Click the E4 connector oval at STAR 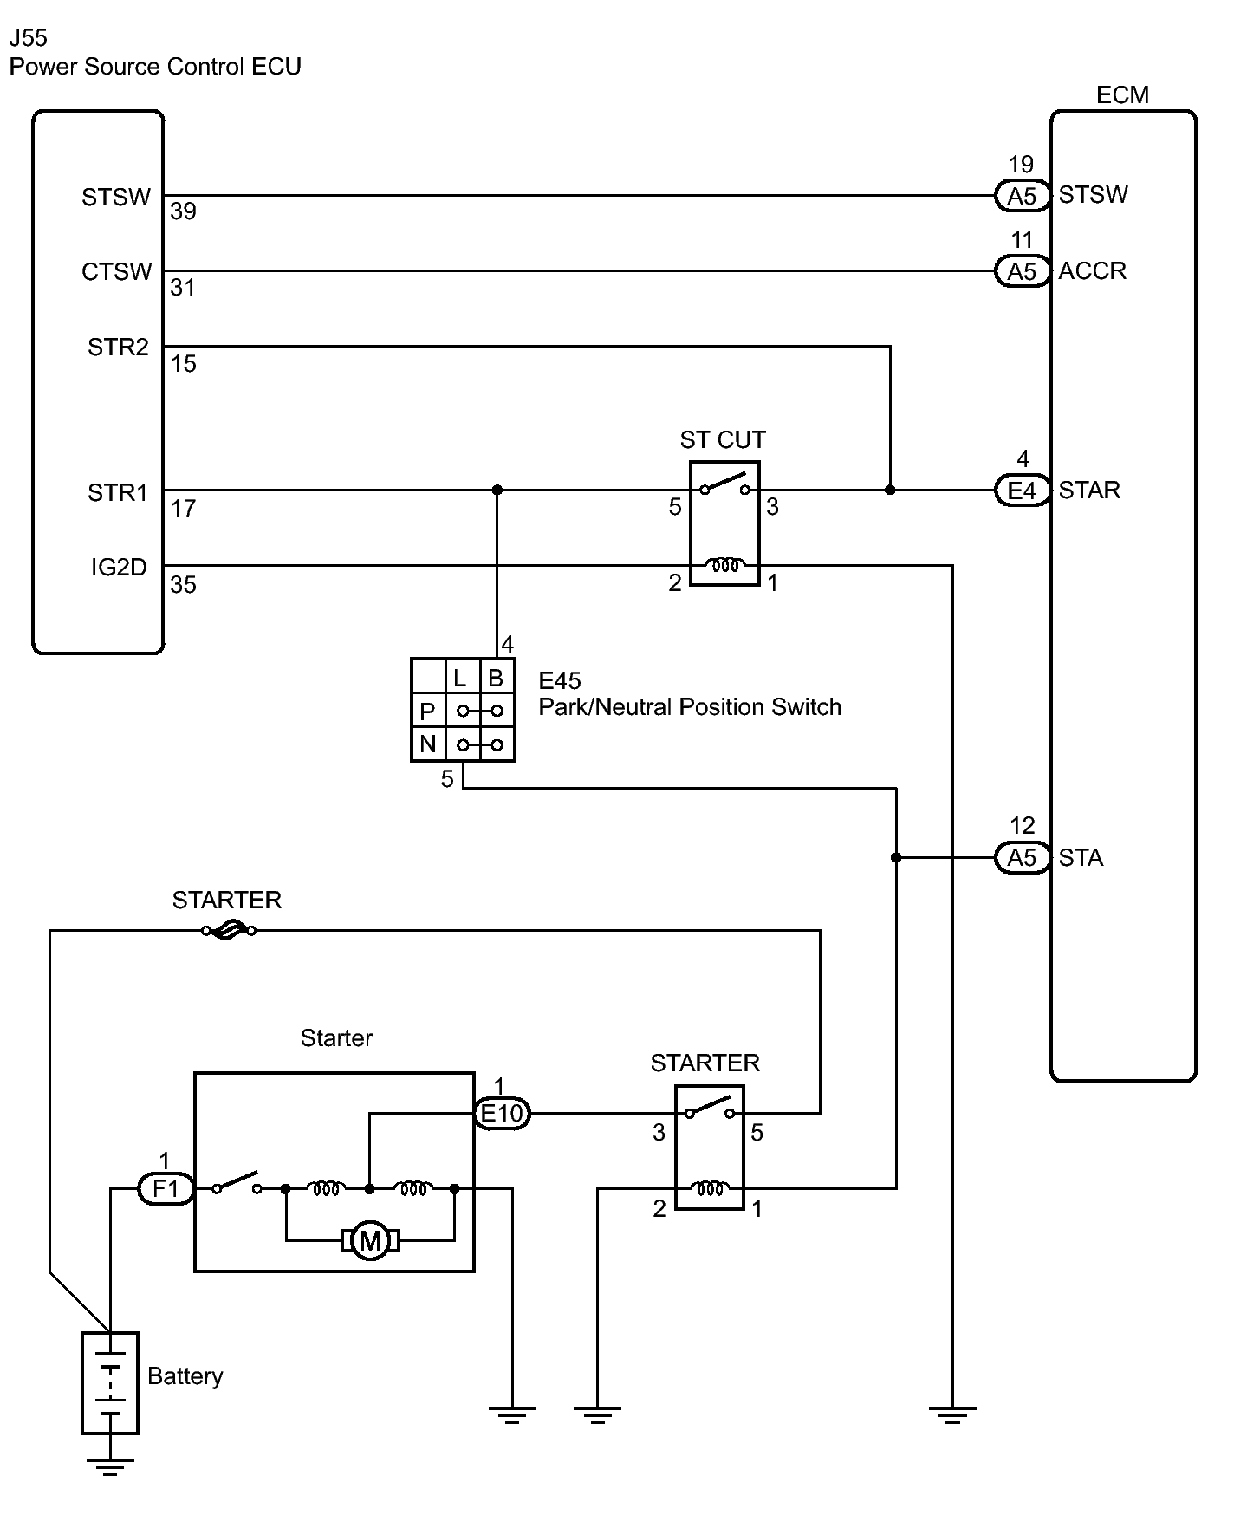(1023, 491)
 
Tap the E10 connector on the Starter (503, 1113)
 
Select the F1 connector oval (166, 1188)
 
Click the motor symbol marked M (370, 1242)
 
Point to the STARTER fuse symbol (228, 931)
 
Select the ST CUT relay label (723, 440)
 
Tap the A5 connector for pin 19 (1023, 197)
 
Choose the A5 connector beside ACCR (1023, 272)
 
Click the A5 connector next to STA (1023, 858)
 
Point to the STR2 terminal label (118, 348)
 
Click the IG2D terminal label (119, 568)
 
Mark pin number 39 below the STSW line (184, 211)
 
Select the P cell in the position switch (428, 712)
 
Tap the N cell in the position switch (428, 744)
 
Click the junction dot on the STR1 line (497, 491)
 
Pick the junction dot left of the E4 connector (890, 491)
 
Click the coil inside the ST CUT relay (725, 567)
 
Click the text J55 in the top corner (29, 38)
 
